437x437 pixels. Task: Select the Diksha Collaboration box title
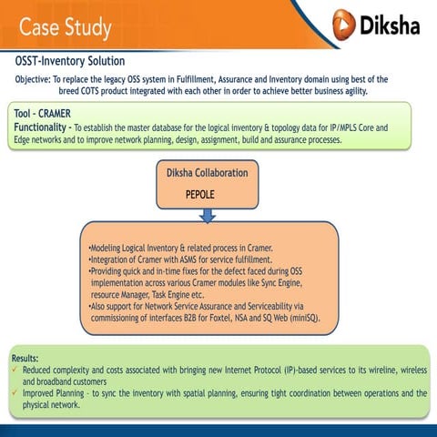(x=207, y=172)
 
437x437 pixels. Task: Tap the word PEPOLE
(x=206, y=194)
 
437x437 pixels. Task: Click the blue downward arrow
(x=208, y=215)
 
